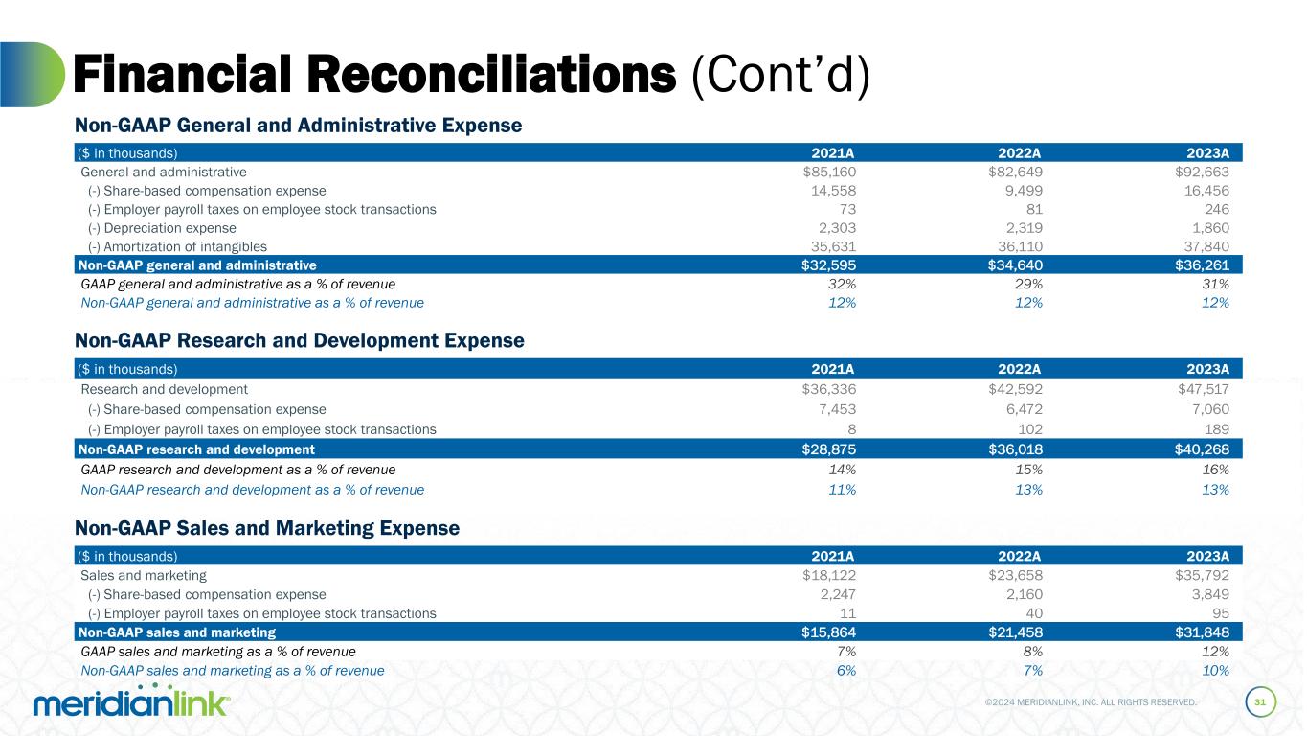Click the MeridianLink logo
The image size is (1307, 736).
[132, 703]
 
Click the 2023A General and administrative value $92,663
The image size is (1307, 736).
[1197, 172]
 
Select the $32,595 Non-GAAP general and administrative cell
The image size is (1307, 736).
[828, 265]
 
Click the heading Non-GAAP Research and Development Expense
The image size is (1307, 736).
[300, 340]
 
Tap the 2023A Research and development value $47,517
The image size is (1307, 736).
[1197, 389]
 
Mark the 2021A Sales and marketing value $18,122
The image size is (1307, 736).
[828, 576]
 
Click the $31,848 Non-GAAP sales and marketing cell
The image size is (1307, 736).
[1197, 632]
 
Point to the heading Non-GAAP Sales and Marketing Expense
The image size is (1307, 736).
[267, 528]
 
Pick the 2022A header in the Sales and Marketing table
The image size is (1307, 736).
[1022, 556]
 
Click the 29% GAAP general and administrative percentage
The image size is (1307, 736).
[1030, 284]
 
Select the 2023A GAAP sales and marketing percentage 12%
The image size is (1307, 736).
[1216, 652]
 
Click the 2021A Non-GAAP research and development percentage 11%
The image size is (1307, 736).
[843, 489]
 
